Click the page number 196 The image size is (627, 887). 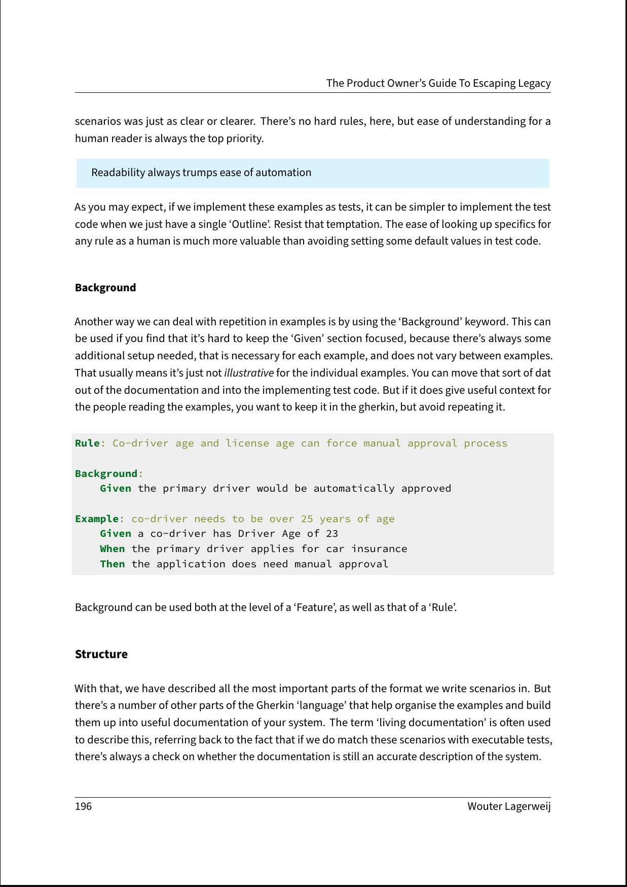point(84,806)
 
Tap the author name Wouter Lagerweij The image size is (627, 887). point(509,806)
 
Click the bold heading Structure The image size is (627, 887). point(101,654)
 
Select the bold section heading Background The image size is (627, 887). point(105,288)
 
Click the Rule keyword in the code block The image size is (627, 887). point(87,443)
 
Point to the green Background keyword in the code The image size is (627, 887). point(106,473)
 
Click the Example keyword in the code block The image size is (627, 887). point(96,519)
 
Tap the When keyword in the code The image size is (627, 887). point(112,549)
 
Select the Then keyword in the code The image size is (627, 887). point(112,564)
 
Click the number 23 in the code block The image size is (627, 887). point(332,533)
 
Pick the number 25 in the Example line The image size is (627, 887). point(307,519)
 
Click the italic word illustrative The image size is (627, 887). point(249,373)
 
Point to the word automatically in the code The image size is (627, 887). point(354,488)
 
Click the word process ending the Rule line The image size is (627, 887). point(486,443)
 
